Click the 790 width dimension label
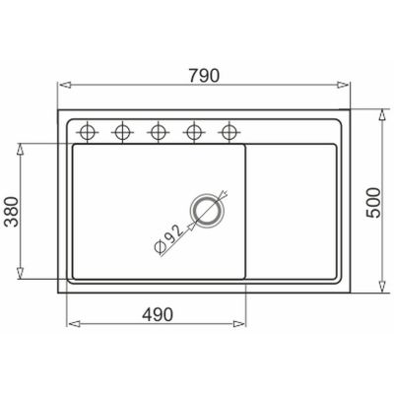[204, 76]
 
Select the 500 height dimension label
[373, 203]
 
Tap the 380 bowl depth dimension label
[12, 212]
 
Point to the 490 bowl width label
[158, 315]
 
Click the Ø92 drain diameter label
[168, 239]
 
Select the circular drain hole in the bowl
[208, 210]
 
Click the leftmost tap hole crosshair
[88, 133]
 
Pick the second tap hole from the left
[122, 133]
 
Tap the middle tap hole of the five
[159, 133]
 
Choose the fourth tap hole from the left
[194, 133]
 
